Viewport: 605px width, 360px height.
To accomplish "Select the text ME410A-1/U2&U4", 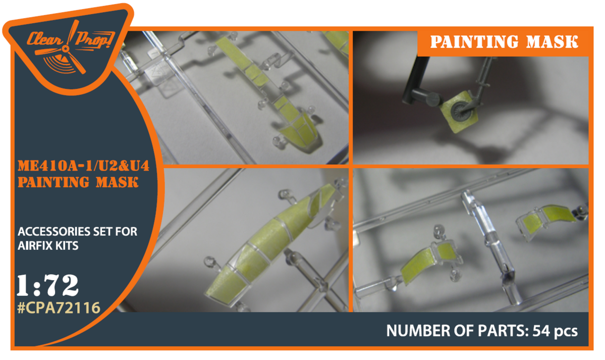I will pyautogui.click(x=83, y=166).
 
